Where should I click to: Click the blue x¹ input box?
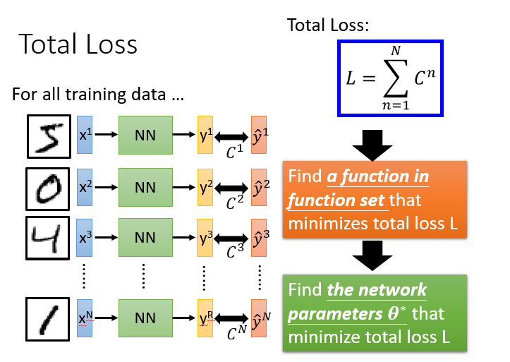(x=85, y=135)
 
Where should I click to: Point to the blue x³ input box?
(x=85, y=239)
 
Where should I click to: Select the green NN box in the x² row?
(x=145, y=188)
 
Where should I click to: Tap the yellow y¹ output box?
(x=206, y=135)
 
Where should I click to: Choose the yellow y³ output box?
(x=206, y=239)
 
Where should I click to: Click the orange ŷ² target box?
(x=260, y=188)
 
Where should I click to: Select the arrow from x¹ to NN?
(x=107, y=135)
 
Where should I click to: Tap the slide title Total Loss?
(x=78, y=44)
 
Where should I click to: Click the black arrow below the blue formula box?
(x=372, y=145)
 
